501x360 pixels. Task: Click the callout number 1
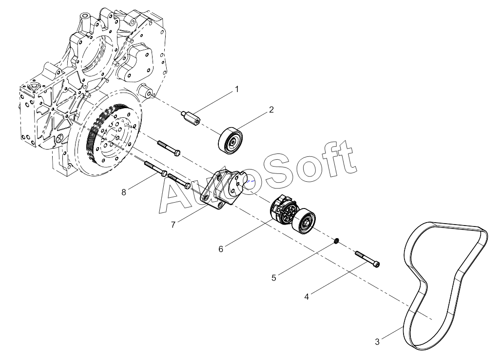pyautogui.click(x=237, y=89)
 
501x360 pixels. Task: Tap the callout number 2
pyautogui.click(x=271, y=110)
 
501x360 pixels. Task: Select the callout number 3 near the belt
pyautogui.click(x=377, y=342)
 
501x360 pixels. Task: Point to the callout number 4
pyautogui.click(x=306, y=296)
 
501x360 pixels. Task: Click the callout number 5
pyautogui.click(x=274, y=278)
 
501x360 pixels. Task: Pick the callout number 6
pyautogui.click(x=221, y=249)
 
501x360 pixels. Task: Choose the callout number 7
pyautogui.click(x=173, y=225)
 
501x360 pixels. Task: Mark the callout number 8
pyautogui.click(x=124, y=192)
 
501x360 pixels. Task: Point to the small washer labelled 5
pyautogui.click(x=336, y=241)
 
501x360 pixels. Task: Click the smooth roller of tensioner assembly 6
pyautogui.click(x=305, y=222)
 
